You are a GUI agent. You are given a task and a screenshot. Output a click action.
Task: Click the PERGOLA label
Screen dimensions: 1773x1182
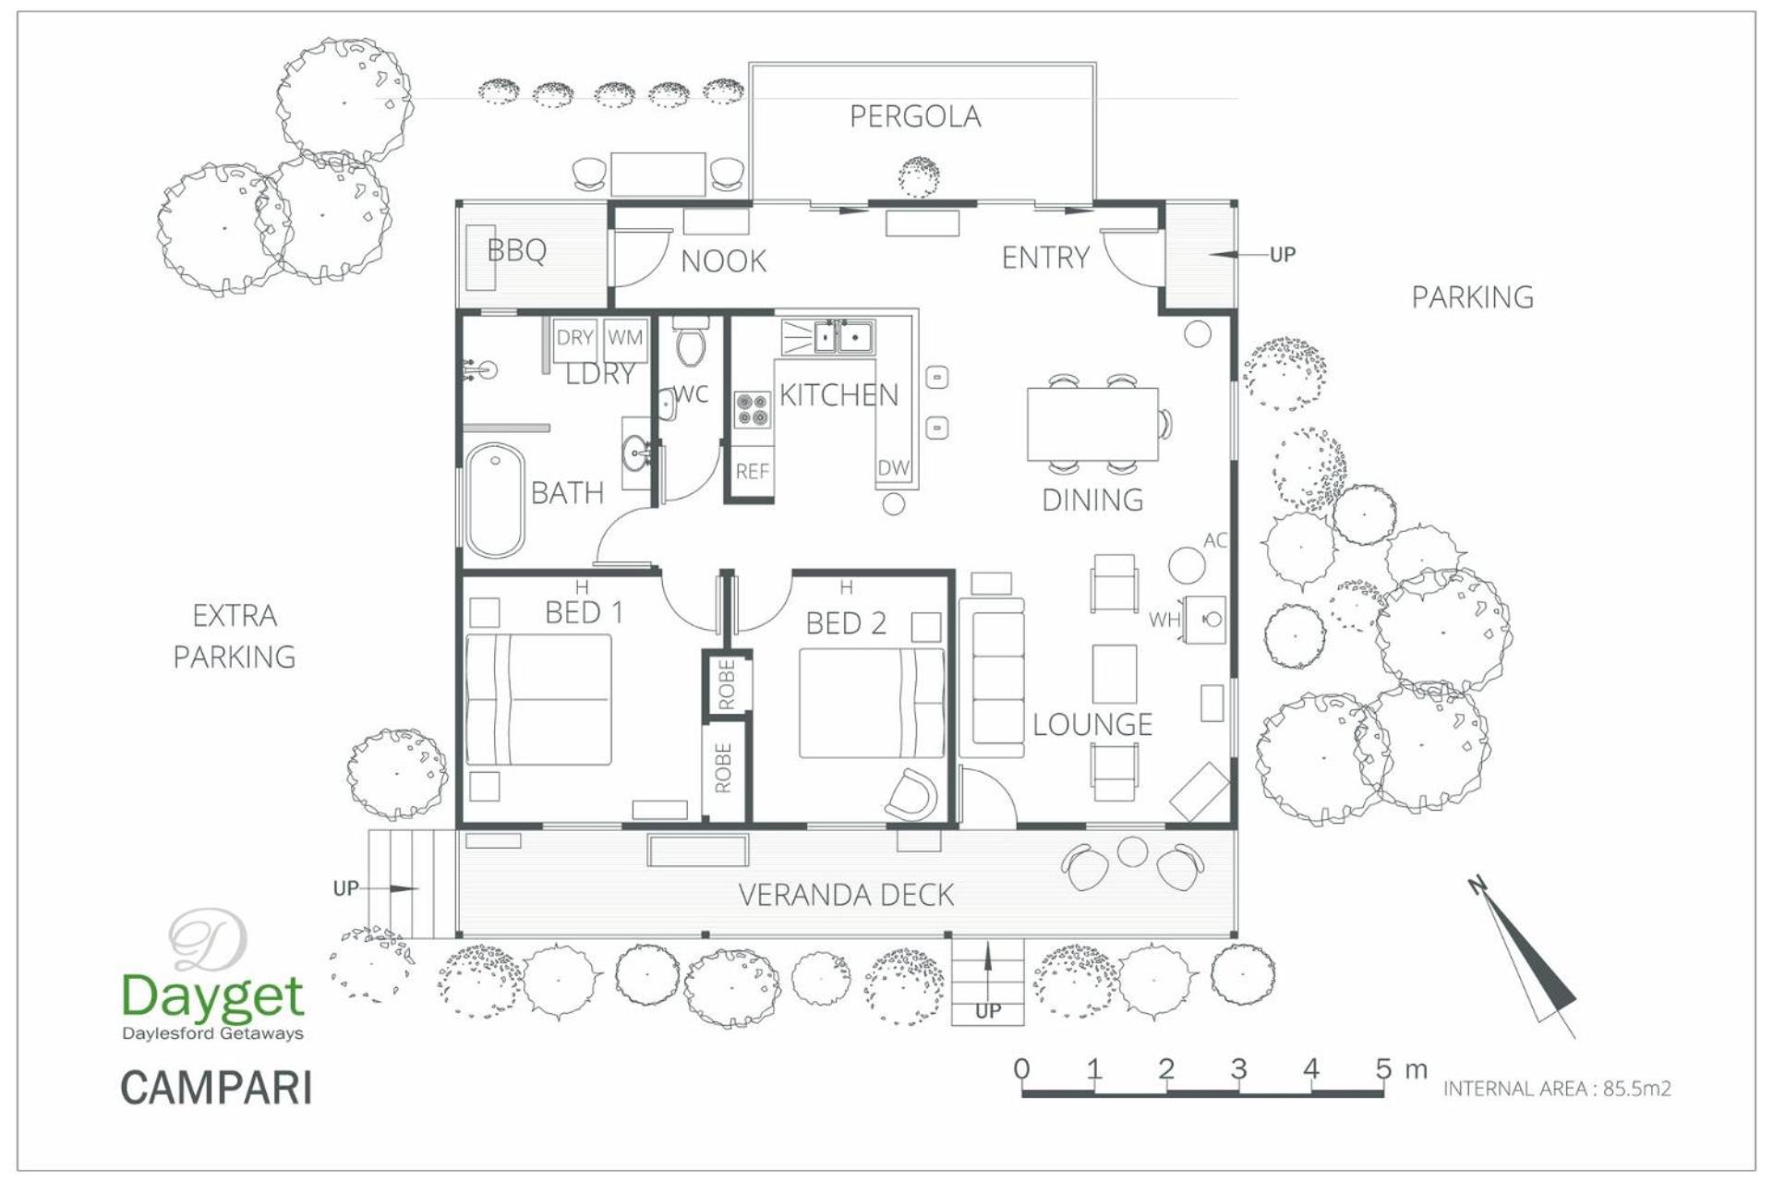(x=915, y=116)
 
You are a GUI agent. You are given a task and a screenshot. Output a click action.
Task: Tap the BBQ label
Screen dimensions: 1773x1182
(x=516, y=250)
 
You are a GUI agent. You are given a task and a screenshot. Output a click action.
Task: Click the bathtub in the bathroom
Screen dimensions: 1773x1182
(x=495, y=500)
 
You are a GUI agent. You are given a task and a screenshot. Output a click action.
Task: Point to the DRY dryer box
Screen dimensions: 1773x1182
(x=574, y=337)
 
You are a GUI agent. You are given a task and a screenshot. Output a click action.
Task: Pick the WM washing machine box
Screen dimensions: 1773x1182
(x=625, y=337)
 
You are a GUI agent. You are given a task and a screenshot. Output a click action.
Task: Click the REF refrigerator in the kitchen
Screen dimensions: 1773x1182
(x=753, y=471)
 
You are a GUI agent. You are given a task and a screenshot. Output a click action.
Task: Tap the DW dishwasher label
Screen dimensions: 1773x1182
(x=894, y=468)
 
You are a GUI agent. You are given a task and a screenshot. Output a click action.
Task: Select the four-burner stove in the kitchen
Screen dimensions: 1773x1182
(x=752, y=409)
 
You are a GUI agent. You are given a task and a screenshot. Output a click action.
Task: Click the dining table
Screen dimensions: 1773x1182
(x=1092, y=424)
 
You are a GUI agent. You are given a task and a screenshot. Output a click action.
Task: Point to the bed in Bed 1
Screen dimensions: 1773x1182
(x=538, y=699)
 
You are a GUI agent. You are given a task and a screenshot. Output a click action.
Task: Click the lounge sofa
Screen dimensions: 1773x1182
(x=992, y=678)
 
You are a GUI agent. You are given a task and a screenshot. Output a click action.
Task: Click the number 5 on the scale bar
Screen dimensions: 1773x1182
(x=1382, y=1068)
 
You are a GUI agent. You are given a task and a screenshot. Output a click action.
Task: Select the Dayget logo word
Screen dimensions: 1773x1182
(x=212, y=997)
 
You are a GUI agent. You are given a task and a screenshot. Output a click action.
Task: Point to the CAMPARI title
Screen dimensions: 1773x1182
(x=216, y=1088)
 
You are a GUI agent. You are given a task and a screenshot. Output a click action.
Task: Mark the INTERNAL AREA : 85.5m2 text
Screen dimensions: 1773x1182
(x=1557, y=1089)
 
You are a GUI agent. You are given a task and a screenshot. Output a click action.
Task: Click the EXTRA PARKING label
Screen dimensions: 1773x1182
(x=235, y=636)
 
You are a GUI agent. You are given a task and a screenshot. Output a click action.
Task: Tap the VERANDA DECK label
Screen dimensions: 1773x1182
(x=846, y=895)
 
